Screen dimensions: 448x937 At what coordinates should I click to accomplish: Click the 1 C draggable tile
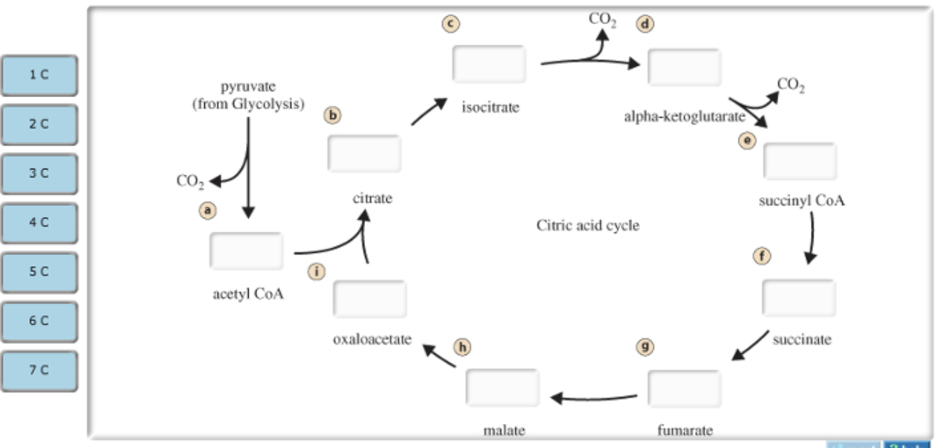click(x=39, y=75)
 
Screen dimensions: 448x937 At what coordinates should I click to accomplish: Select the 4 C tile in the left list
click(x=39, y=223)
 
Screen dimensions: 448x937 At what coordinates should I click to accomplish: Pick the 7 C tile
click(x=39, y=369)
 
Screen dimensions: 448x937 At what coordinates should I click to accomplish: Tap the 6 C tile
click(x=39, y=320)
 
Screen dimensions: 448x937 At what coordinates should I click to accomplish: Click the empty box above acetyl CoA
click(x=246, y=251)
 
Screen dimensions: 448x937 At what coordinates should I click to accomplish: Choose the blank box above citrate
click(x=364, y=153)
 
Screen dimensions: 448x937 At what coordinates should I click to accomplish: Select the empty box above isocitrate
click(x=489, y=64)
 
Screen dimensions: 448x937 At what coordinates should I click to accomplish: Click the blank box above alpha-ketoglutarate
click(x=684, y=67)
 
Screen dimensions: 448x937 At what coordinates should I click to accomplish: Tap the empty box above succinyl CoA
click(x=799, y=161)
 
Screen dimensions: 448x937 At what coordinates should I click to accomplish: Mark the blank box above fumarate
click(x=684, y=388)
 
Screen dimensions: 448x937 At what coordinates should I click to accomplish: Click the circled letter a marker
click(x=208, y=210)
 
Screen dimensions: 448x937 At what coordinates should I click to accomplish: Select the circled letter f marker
click(x=761, y=256)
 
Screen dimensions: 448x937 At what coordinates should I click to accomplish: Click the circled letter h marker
click(x=462, y=347)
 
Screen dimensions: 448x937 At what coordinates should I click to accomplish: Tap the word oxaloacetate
click(x=372, y=340)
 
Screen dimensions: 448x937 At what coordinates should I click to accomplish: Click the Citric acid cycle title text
click(x=588, y=226)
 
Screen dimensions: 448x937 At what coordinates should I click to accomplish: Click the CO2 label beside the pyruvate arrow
click(x=190, y=181)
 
